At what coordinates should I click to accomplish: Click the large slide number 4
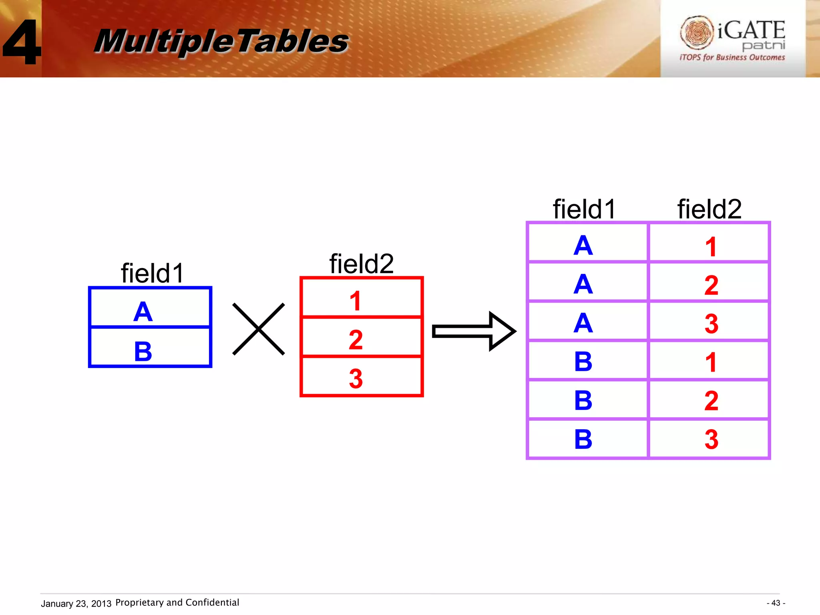tap(22, 42)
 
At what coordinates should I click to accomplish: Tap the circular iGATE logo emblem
tap(697, 32)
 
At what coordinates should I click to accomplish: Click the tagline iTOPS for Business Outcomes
tap(732, 58)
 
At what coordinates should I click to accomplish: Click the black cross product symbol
tap(259, 329)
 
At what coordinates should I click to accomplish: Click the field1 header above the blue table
tap(152, 273)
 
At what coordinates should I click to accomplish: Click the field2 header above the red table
tap(362, 264)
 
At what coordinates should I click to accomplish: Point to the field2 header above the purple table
tap(709, 209)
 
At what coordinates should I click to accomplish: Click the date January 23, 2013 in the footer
tap(76, 603)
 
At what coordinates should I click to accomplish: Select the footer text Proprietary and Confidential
tap(177, 603)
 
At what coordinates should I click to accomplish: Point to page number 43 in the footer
tap(776, 603)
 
